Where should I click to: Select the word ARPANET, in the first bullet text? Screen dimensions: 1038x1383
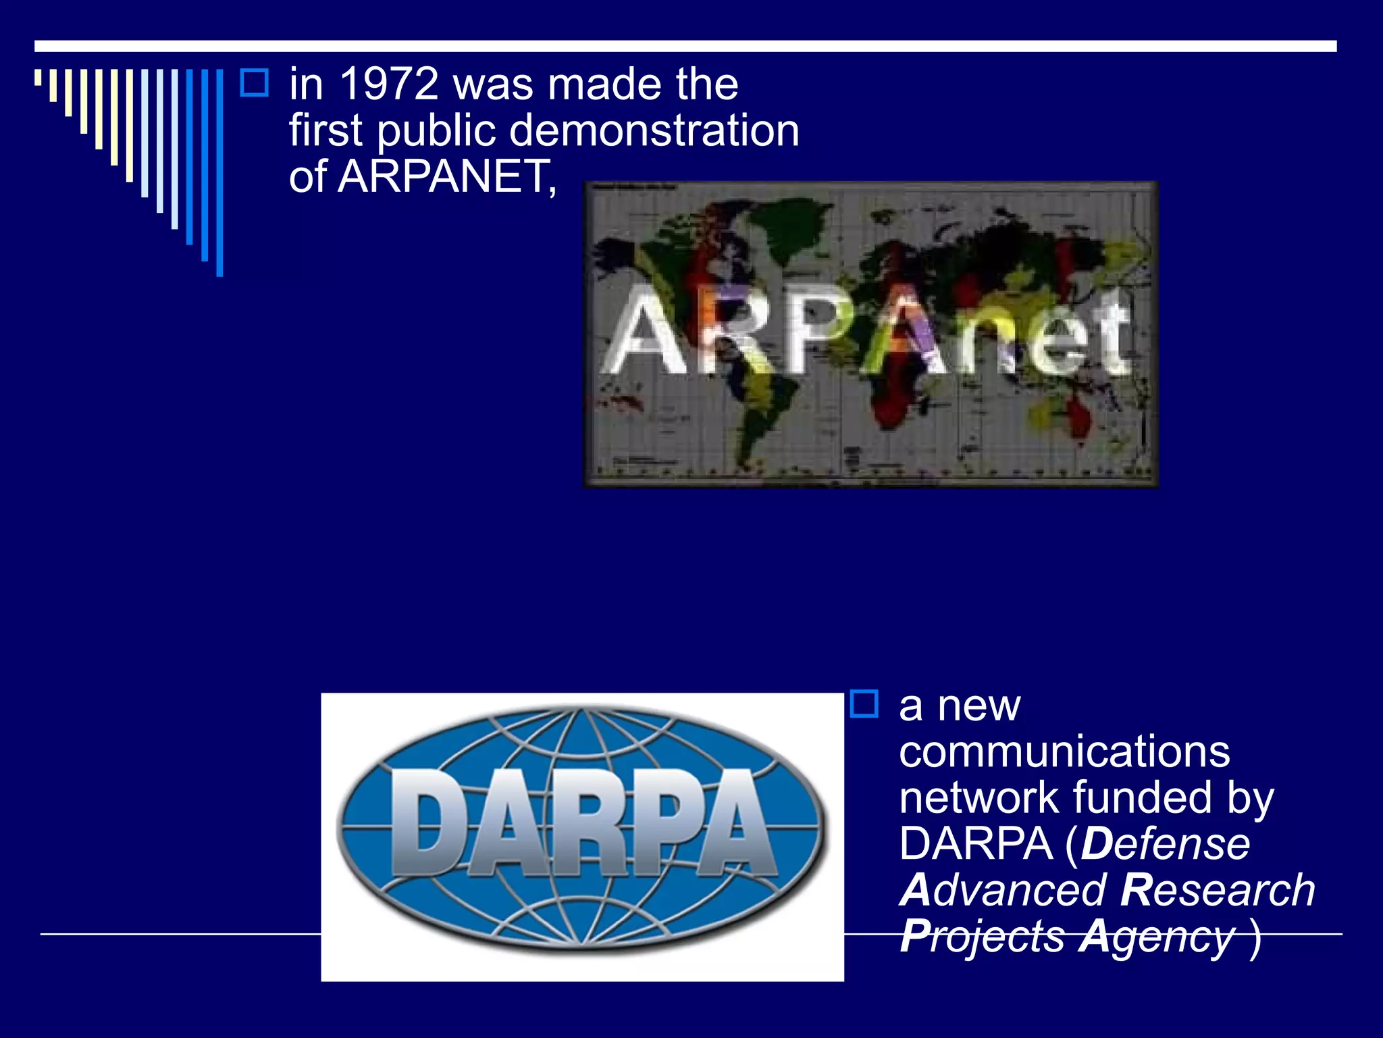click(x=446, y=176)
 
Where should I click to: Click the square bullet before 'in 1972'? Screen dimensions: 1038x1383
click(x=255, y=82)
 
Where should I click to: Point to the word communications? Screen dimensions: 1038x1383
click(x=1064, y=751)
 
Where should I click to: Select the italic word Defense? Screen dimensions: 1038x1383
click(x=1165, y=844)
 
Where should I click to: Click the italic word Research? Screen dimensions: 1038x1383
click(x=1218, y=890)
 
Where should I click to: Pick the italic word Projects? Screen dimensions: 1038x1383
click(x=983, y=937)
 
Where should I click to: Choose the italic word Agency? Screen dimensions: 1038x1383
click(x=1156, y=937)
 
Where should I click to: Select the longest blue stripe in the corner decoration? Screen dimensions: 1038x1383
click(x=219, y=172)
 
